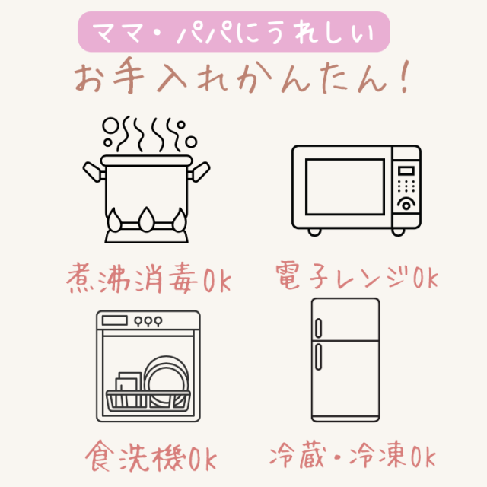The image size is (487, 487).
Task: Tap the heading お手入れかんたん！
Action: pos(242,79)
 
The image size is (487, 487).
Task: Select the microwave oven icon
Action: pos(356,189)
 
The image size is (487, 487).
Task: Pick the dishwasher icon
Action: pos(148,365)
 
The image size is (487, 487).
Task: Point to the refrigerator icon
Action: pos(345,359)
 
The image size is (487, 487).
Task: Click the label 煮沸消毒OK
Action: pos(149,276)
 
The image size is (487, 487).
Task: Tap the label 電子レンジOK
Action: pos(356,276)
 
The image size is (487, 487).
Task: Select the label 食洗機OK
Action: pos(150,458)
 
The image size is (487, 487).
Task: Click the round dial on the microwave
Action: pos(407,203)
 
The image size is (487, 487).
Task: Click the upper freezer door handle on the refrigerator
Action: pos(319,327)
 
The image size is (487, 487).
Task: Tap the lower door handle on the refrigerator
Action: pos(319,356)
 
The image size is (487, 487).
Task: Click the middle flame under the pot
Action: pos(145,221)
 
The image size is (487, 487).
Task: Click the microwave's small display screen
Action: pos(407,170)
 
